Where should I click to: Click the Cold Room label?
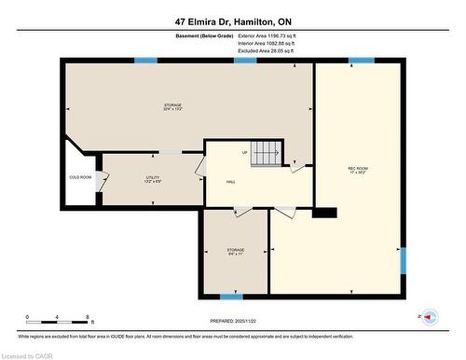tap(80, 176)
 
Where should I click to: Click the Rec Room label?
tap(357, 170)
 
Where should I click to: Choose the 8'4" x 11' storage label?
tap(235, 252)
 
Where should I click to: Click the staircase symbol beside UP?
tap(268, 152)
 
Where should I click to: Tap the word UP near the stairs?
tap(245, 152)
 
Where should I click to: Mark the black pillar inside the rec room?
tap(323, 213)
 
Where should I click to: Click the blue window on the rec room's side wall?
tap(404, 261)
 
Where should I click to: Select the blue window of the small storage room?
tap(231, 297)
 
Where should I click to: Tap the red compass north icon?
tap(430, 317)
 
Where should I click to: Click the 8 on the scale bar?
tap(87, 317)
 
